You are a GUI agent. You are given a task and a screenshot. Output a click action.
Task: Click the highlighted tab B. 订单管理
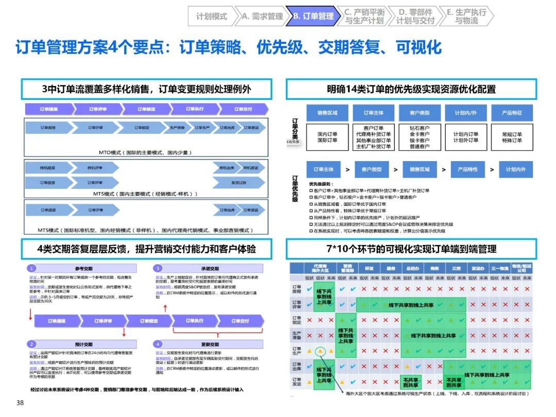[313, 16]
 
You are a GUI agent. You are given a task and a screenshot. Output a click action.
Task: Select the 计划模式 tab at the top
[212, 16]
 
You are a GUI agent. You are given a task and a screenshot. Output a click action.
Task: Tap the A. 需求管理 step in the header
[262, 16]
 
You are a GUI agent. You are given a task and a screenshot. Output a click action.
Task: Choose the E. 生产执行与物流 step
[466, 16]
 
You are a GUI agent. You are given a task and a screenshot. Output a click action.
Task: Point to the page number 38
[20, 403]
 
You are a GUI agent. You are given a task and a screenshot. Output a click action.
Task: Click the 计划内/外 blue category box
[466, 113]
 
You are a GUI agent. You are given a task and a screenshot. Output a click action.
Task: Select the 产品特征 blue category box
[512, 113]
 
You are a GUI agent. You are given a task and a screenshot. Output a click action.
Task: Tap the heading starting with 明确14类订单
[411, 89]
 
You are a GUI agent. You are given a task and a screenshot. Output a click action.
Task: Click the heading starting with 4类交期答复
[146, 249]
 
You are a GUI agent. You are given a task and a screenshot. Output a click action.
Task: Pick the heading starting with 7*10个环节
[411, 249]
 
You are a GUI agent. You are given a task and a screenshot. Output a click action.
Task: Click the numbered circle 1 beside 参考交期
[31, 268]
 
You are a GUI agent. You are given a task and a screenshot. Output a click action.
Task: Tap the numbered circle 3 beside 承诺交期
[158, 268]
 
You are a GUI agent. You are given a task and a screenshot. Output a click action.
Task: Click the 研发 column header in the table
[369, 268]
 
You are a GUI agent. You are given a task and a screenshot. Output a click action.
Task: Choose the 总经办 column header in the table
[412, 268]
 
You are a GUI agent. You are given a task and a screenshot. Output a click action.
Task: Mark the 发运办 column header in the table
[478, 268]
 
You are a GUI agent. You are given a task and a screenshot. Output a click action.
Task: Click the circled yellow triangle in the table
[320, 351]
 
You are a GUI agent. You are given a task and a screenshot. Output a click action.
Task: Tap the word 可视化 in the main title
[419, 47]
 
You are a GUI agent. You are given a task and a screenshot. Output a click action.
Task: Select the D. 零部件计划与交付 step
[415, 16]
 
